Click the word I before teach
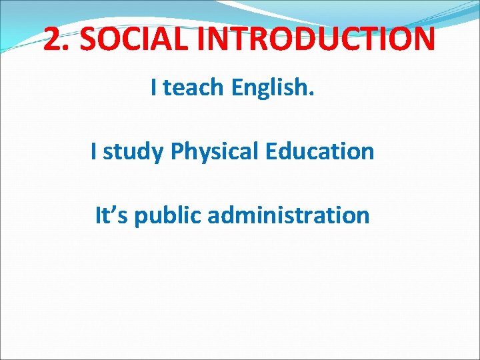pyautogui.click(x=154, y=87)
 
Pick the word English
pyautogui.click(x=270, y=87)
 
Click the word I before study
pyautogui.click(x=94, y=151)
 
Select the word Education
pyautogui.click(x=319, y=151)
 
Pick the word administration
pyautogui.click(x=289, y=215)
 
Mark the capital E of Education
pyautogui.click(x=270, y=151)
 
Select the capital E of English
pyautogui.click(x=237, y=87)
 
